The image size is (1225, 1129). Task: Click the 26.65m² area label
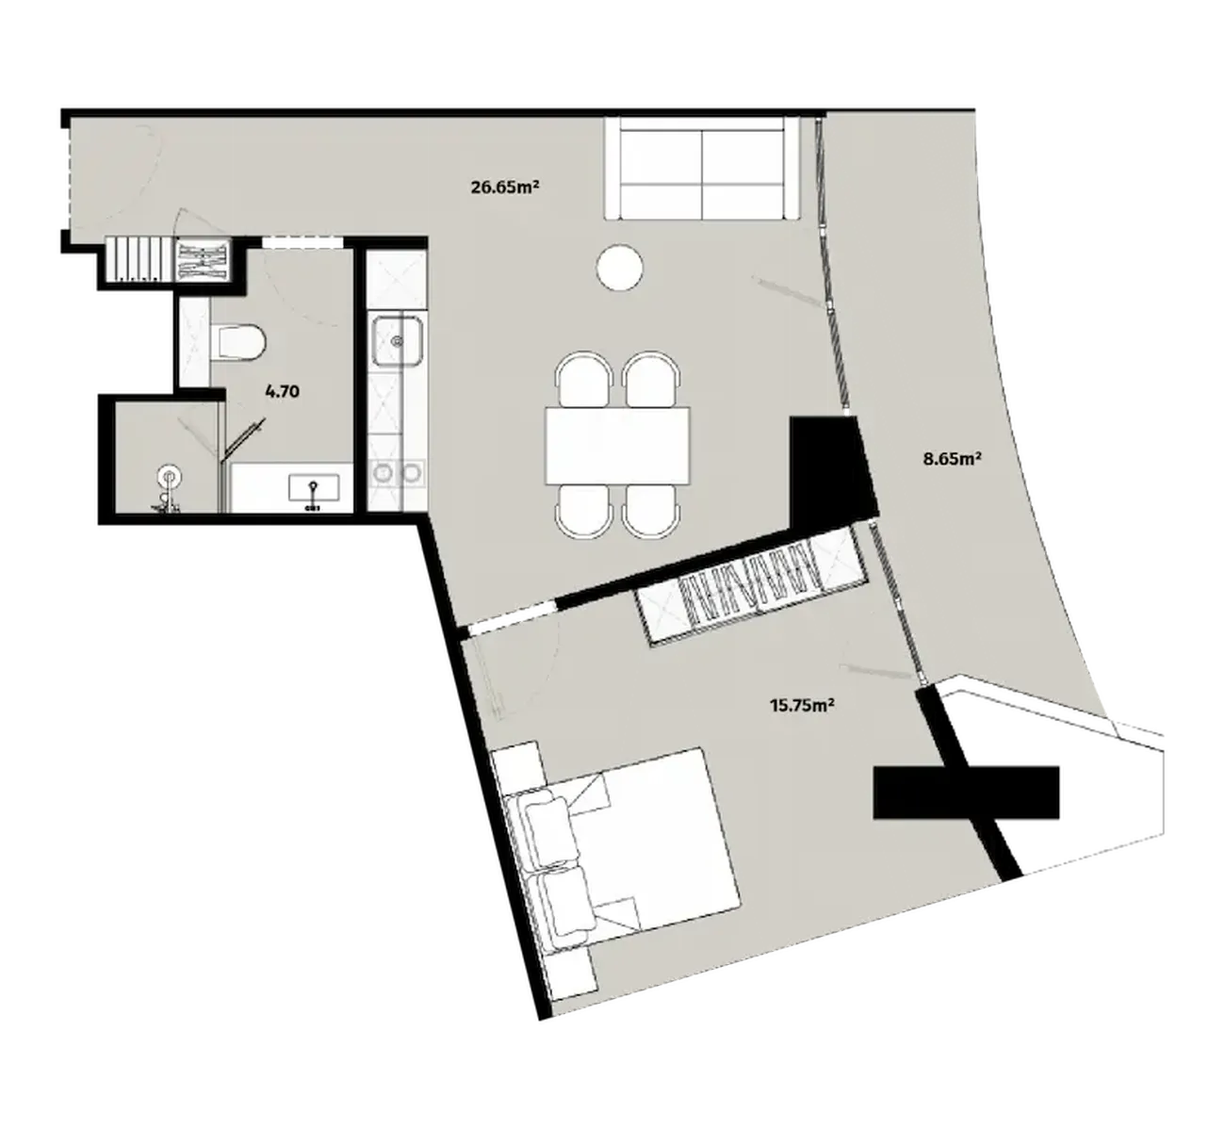[504, 187]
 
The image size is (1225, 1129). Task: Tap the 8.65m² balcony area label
[952, 459]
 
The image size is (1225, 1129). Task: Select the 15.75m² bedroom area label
[803, 706]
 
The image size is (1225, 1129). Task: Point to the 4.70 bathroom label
[282, 392]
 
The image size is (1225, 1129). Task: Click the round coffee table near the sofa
[620, 267]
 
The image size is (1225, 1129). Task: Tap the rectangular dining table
[618, 445]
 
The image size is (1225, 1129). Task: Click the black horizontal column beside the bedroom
[966, 792]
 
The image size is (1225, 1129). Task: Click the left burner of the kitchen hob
[383, 472]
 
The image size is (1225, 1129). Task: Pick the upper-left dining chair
[584, 380]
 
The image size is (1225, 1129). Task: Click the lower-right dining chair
[651, 511]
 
